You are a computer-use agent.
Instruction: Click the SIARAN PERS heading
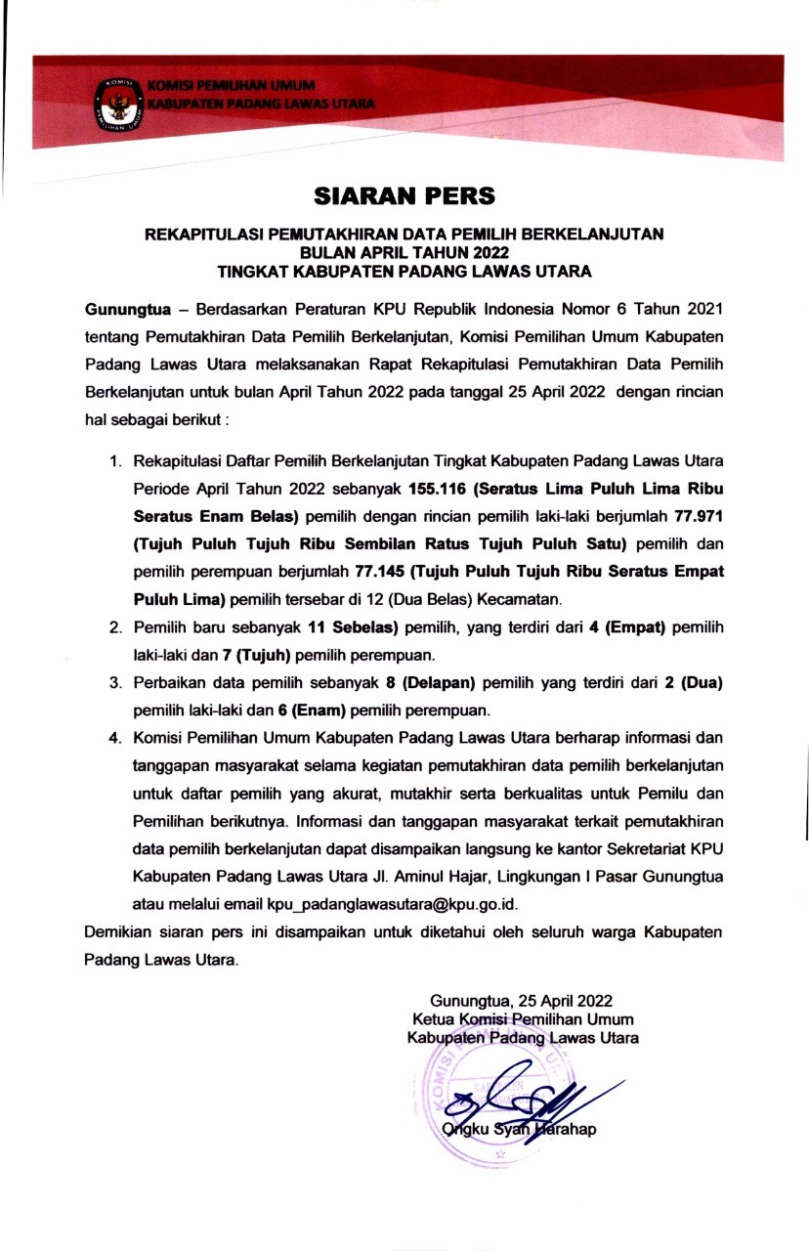click(x=404, y=196)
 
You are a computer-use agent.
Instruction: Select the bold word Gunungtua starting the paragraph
click(x=127, y=310)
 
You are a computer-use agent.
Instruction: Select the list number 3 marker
click(x=114, y=680)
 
